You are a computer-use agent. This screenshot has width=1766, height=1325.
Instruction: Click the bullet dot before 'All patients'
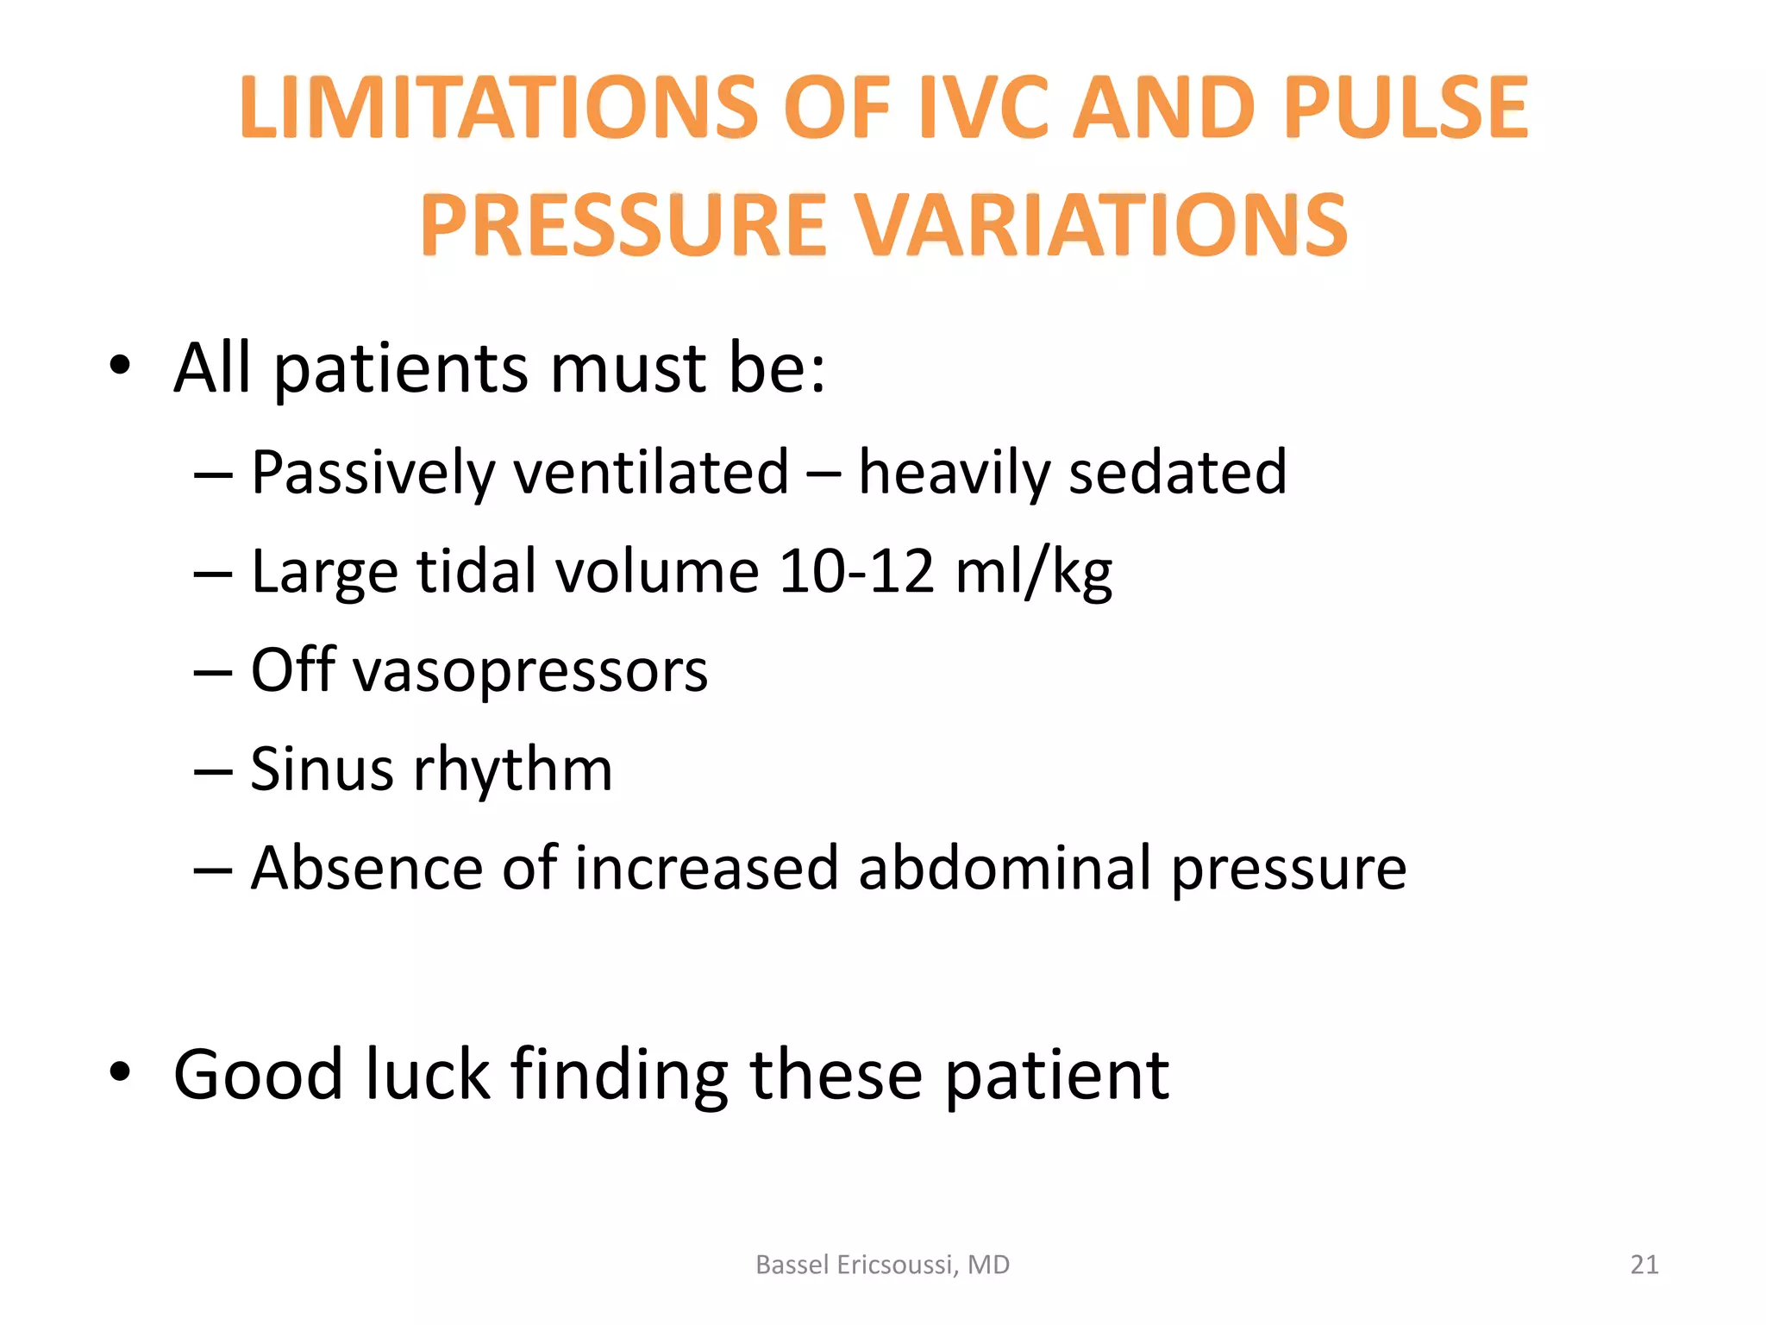(120, 366)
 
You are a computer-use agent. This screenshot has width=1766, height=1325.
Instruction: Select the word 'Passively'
(373, 473)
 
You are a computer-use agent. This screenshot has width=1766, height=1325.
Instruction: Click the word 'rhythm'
(513, 769)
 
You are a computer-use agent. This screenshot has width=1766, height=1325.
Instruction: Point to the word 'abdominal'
(1005, 867)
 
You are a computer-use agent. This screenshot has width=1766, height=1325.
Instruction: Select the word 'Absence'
(366, 867)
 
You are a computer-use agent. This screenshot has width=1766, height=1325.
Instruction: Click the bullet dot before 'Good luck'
(120, 1072)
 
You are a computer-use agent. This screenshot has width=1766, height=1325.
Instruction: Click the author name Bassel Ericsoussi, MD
(882, 1265)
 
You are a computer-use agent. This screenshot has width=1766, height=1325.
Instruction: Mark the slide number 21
(1644, 1265)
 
